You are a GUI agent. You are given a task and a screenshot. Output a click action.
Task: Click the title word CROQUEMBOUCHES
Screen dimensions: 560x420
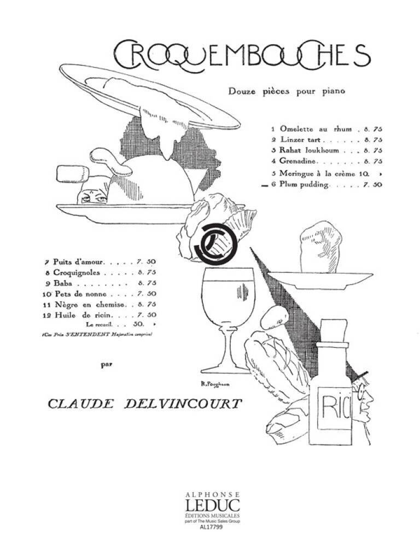pyautogui.click(x=241, y=54)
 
